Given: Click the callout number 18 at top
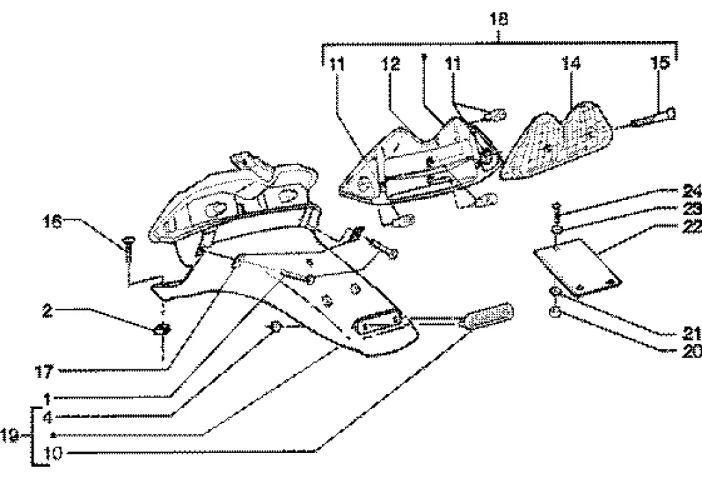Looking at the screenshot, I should tap(499, 19).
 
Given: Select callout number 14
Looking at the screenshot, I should tap(571, 64).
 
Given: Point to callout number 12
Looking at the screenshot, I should tap(391, 64).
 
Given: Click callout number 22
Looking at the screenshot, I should tap(690, 226).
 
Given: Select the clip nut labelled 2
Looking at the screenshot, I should tap(162, 330).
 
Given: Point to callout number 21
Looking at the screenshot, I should tap(692, 334).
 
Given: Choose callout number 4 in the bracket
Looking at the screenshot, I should tap(47, 416).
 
